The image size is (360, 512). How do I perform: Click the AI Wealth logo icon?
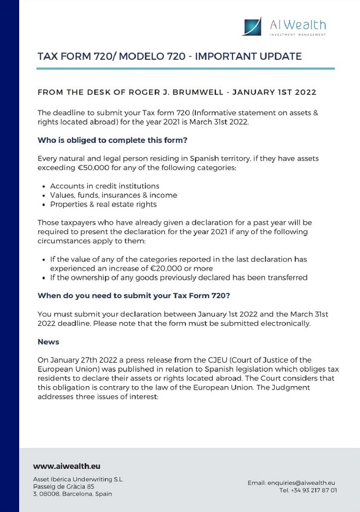(x=252, y=27)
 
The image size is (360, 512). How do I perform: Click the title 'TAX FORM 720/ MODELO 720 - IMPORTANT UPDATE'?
(x=170, y=57)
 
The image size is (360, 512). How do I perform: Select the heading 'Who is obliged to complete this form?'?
(x=113, y=140)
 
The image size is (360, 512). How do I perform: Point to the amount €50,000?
(x=94, y=168)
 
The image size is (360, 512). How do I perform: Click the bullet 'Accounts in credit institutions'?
(x=105, y=186)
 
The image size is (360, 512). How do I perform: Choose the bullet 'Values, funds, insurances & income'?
(x=114, y=195)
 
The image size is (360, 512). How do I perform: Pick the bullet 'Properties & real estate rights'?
(x=103, y=204)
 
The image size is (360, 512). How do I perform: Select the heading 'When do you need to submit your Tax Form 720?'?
(x=133, y=295)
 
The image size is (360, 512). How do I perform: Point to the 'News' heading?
(x=49, y=341)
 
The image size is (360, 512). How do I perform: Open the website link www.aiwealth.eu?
(x=67, y=466)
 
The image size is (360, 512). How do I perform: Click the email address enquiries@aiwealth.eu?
(x=301, y=483)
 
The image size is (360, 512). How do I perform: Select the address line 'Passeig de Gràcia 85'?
(x=63, y=486)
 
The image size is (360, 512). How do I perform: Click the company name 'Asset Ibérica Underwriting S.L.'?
(x=78, y=479)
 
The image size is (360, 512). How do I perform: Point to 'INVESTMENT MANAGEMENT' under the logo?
(x=298, y=35)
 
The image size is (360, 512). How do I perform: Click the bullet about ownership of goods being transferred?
(x=179, y=277)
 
